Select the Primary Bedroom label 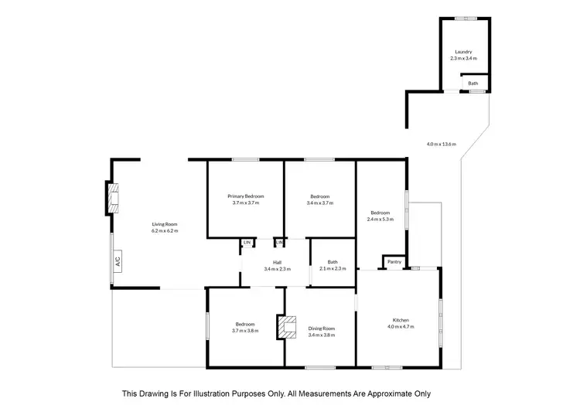click(x=247, y=196)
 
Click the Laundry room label click(x=464, y=52)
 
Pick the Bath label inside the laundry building click(x=473, y=83)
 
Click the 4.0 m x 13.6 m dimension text click(x=442, y=144)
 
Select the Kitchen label click(x=400, y=320)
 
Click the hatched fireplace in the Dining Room click(x=288, y=326)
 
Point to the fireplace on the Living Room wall click(x=113, y=198)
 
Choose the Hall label click(x=276, y=263)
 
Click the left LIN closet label click(x=247, y=243)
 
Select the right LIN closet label click(x=279, y=243)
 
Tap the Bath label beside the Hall click(x=333, y=262)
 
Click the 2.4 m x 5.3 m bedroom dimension click(x=380, y=220)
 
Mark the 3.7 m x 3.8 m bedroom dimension click(x=245, y=331)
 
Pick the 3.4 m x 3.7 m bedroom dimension click(x=319, y=203)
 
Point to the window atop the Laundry click(x=466, y=19)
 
